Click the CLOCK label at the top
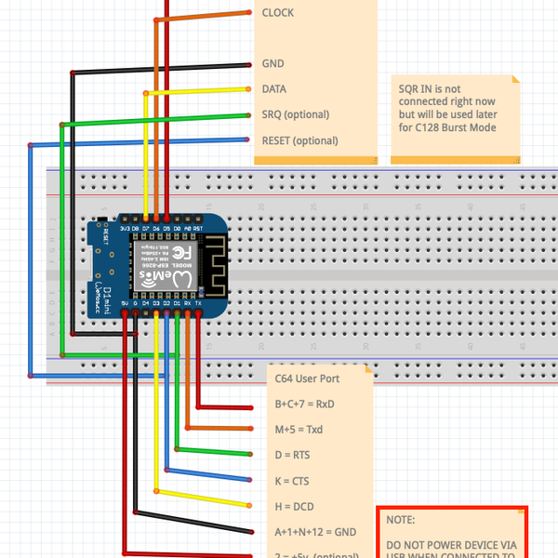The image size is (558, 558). coord(279,13)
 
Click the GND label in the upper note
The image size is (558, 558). coord(272,64)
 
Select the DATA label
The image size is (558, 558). coord(274,89)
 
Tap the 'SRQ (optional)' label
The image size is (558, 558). coord(296,114)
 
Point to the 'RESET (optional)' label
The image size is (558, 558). coord(299,140)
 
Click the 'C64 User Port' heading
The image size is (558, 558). coord(307,379)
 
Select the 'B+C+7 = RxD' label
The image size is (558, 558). coord(304,405)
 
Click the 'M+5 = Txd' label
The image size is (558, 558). coord(299,430)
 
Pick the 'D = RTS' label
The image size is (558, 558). coord(292,455)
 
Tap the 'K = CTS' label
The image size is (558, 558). coord(292,481)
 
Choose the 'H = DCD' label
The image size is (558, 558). coord(293,506)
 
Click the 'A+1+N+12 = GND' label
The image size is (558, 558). coord(315,532)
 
